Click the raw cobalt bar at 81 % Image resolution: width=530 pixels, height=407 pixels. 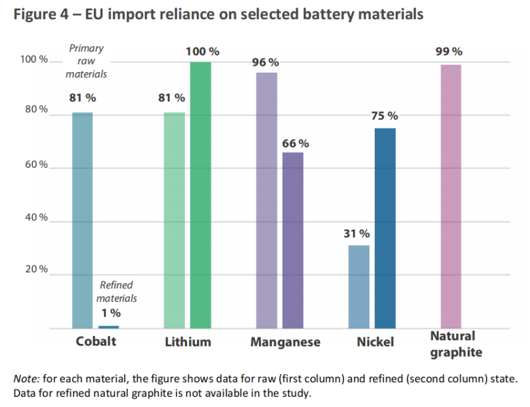(x=82, y=220)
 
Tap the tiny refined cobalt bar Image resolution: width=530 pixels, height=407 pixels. (x=109, y=327)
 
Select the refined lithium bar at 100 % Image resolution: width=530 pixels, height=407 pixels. (x=201, y=195)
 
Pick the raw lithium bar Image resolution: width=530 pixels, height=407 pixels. (x=174, y=220)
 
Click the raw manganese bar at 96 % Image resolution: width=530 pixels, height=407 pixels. (x=266, y=200)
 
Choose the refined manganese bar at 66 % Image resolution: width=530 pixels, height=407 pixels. (x=293, y=240)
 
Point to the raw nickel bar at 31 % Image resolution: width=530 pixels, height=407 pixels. (x=359, y=286)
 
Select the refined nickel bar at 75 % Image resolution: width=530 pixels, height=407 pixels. (x=385, y=228)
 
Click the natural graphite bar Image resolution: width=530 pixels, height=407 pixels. (x=451, y=196)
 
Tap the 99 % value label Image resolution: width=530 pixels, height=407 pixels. (x=449, y=52)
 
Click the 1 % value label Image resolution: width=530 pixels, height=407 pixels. (x=110, y=313)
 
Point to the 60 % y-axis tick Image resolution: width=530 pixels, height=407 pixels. (x=36, y=165)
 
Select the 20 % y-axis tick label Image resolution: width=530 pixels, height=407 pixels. (x=36, y=269)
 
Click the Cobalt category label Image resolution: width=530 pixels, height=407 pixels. (x=96, y=341)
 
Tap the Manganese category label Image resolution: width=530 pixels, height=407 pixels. (x=285, y=342)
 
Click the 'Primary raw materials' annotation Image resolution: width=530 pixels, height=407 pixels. (x=86, y=61)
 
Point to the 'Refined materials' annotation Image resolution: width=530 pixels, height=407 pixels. (x=116, y=292)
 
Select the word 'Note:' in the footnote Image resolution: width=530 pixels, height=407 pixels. (x=27, y=378)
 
